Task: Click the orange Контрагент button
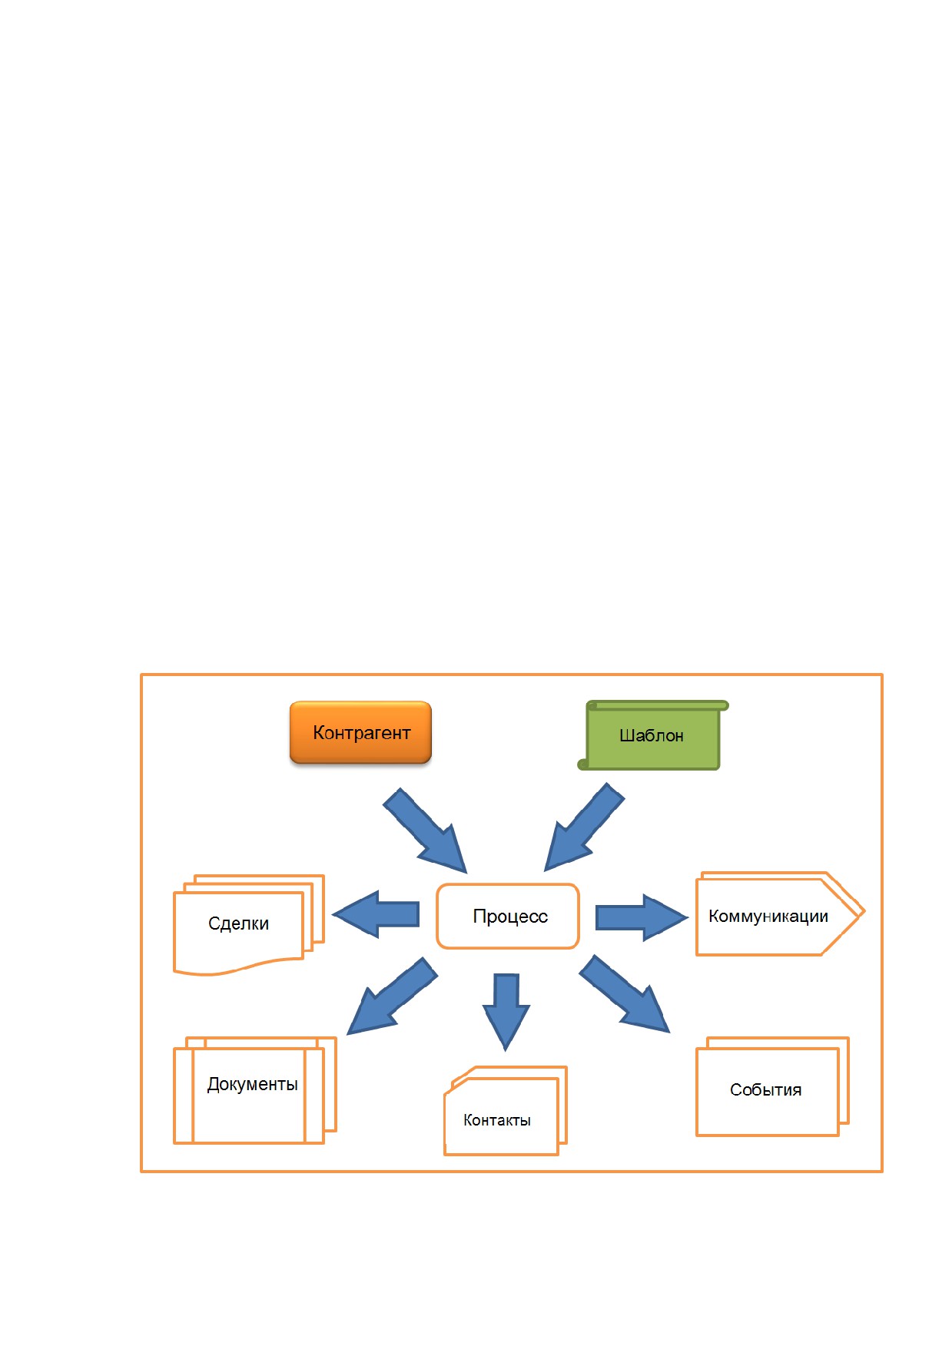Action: (x=360, y=732)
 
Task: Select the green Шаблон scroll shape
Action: (x=652, y=735)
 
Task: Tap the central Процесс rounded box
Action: (x=507, y=916)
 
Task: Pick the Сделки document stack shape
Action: (x=249, y=924)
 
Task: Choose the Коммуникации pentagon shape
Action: (x=780, y=913)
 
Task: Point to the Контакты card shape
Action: (x=505, y=1110)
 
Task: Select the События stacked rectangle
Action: (x=772, y=1086)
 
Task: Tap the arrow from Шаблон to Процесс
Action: (x=584, y=828)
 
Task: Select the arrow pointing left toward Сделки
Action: (x=376, y=914)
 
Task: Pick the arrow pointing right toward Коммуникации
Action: (x=642, y=917)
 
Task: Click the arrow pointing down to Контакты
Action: (x=506, y=1011)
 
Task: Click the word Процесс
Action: (x=510, y=917)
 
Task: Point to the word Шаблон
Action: (x=652, y=736)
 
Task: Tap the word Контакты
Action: (x=497, y=1120)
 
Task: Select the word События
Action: (x=765, y=1090)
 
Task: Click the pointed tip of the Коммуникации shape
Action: (x=864, y=912)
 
